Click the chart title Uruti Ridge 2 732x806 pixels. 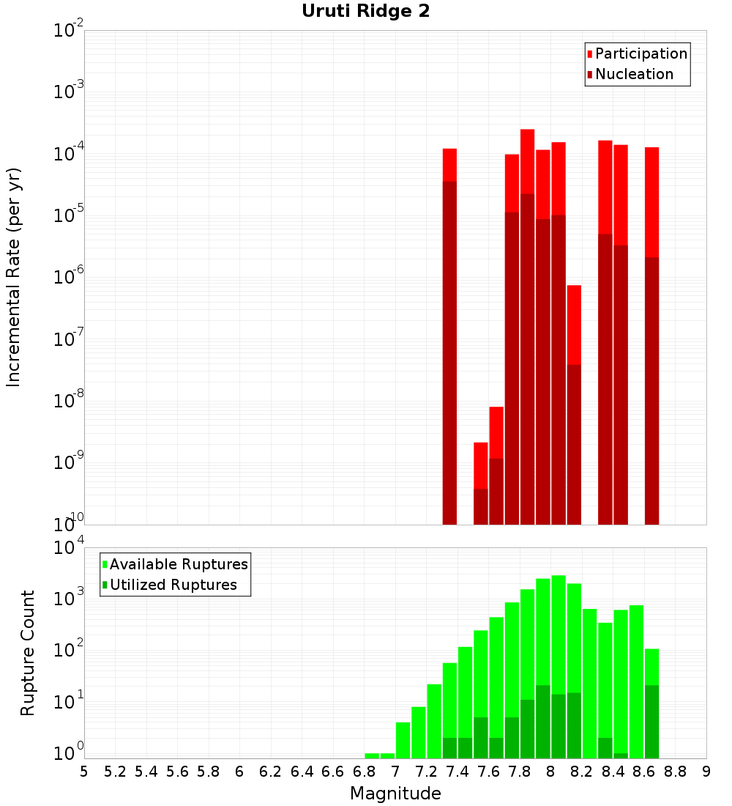pyautogui.click(x=365, y=12)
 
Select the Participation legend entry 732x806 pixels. pyautogui.click(x=641, y=53)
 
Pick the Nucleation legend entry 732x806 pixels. pyautogui.click(x=634, y=74)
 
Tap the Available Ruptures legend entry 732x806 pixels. pyautogui.click(x=179, y=564)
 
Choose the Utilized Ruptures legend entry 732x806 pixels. pyautogui.click(x=173, y=585)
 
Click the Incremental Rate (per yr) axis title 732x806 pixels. pyautogui.click(x=14, y=277)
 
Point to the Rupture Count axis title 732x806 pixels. pyautogui.click(x=28, y=652)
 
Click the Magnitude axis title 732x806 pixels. pyautogui.click(x=395, y=794)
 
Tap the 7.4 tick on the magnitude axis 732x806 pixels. pyautogui.click(x=457, y=772)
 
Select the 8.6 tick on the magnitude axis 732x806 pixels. pyautogui.click(x=644, y=772)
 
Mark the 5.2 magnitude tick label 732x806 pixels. pyautogui.click(x=115, y=772)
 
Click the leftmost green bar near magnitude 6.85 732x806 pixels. pyautogui.click(x=372, y=755)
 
